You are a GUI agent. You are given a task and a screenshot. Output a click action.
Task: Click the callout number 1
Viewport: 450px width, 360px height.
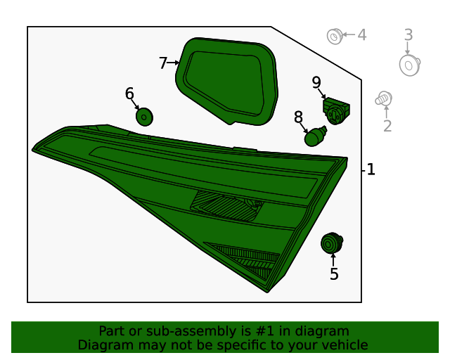(x=371, y=169)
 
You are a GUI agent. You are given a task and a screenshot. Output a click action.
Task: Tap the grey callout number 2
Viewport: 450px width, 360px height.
(x=387, y=126)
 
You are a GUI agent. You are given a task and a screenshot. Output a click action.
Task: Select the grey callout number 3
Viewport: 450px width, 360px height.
(x=409, y=35)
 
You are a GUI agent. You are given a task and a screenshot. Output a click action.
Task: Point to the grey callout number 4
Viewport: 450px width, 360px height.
(x=362, y=35)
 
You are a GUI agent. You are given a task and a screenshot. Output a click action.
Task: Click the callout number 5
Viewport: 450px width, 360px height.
(x=334, y=274)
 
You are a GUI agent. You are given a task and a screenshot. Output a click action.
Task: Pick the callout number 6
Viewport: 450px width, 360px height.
(x=129, y=94)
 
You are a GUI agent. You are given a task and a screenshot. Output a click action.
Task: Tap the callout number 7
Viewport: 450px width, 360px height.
(x=163, y=63)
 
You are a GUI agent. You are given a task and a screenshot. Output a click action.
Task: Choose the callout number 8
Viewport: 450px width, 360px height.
(x=298, y=117)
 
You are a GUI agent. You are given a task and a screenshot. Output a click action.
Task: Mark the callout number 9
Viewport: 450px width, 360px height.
(x=316, y=83)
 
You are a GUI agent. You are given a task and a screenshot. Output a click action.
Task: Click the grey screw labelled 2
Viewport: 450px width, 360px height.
(x=383, y=98)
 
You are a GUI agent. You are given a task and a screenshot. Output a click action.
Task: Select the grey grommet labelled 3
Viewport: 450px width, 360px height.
(x=410, y=65)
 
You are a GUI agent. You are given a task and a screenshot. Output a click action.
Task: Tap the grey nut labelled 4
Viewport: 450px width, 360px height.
(x=335, y=37)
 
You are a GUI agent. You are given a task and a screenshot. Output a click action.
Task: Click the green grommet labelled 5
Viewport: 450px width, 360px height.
(x=331, y=243)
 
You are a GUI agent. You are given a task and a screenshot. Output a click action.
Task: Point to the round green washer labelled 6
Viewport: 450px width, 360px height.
(x=144, y=117)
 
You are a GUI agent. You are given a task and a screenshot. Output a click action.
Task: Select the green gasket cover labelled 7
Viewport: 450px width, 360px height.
(x=226, y=82)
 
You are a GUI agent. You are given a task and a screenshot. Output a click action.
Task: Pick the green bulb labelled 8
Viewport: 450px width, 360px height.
(x=314, y=136)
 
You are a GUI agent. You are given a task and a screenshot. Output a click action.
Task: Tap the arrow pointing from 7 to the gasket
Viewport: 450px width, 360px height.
(x=174, y=63)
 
